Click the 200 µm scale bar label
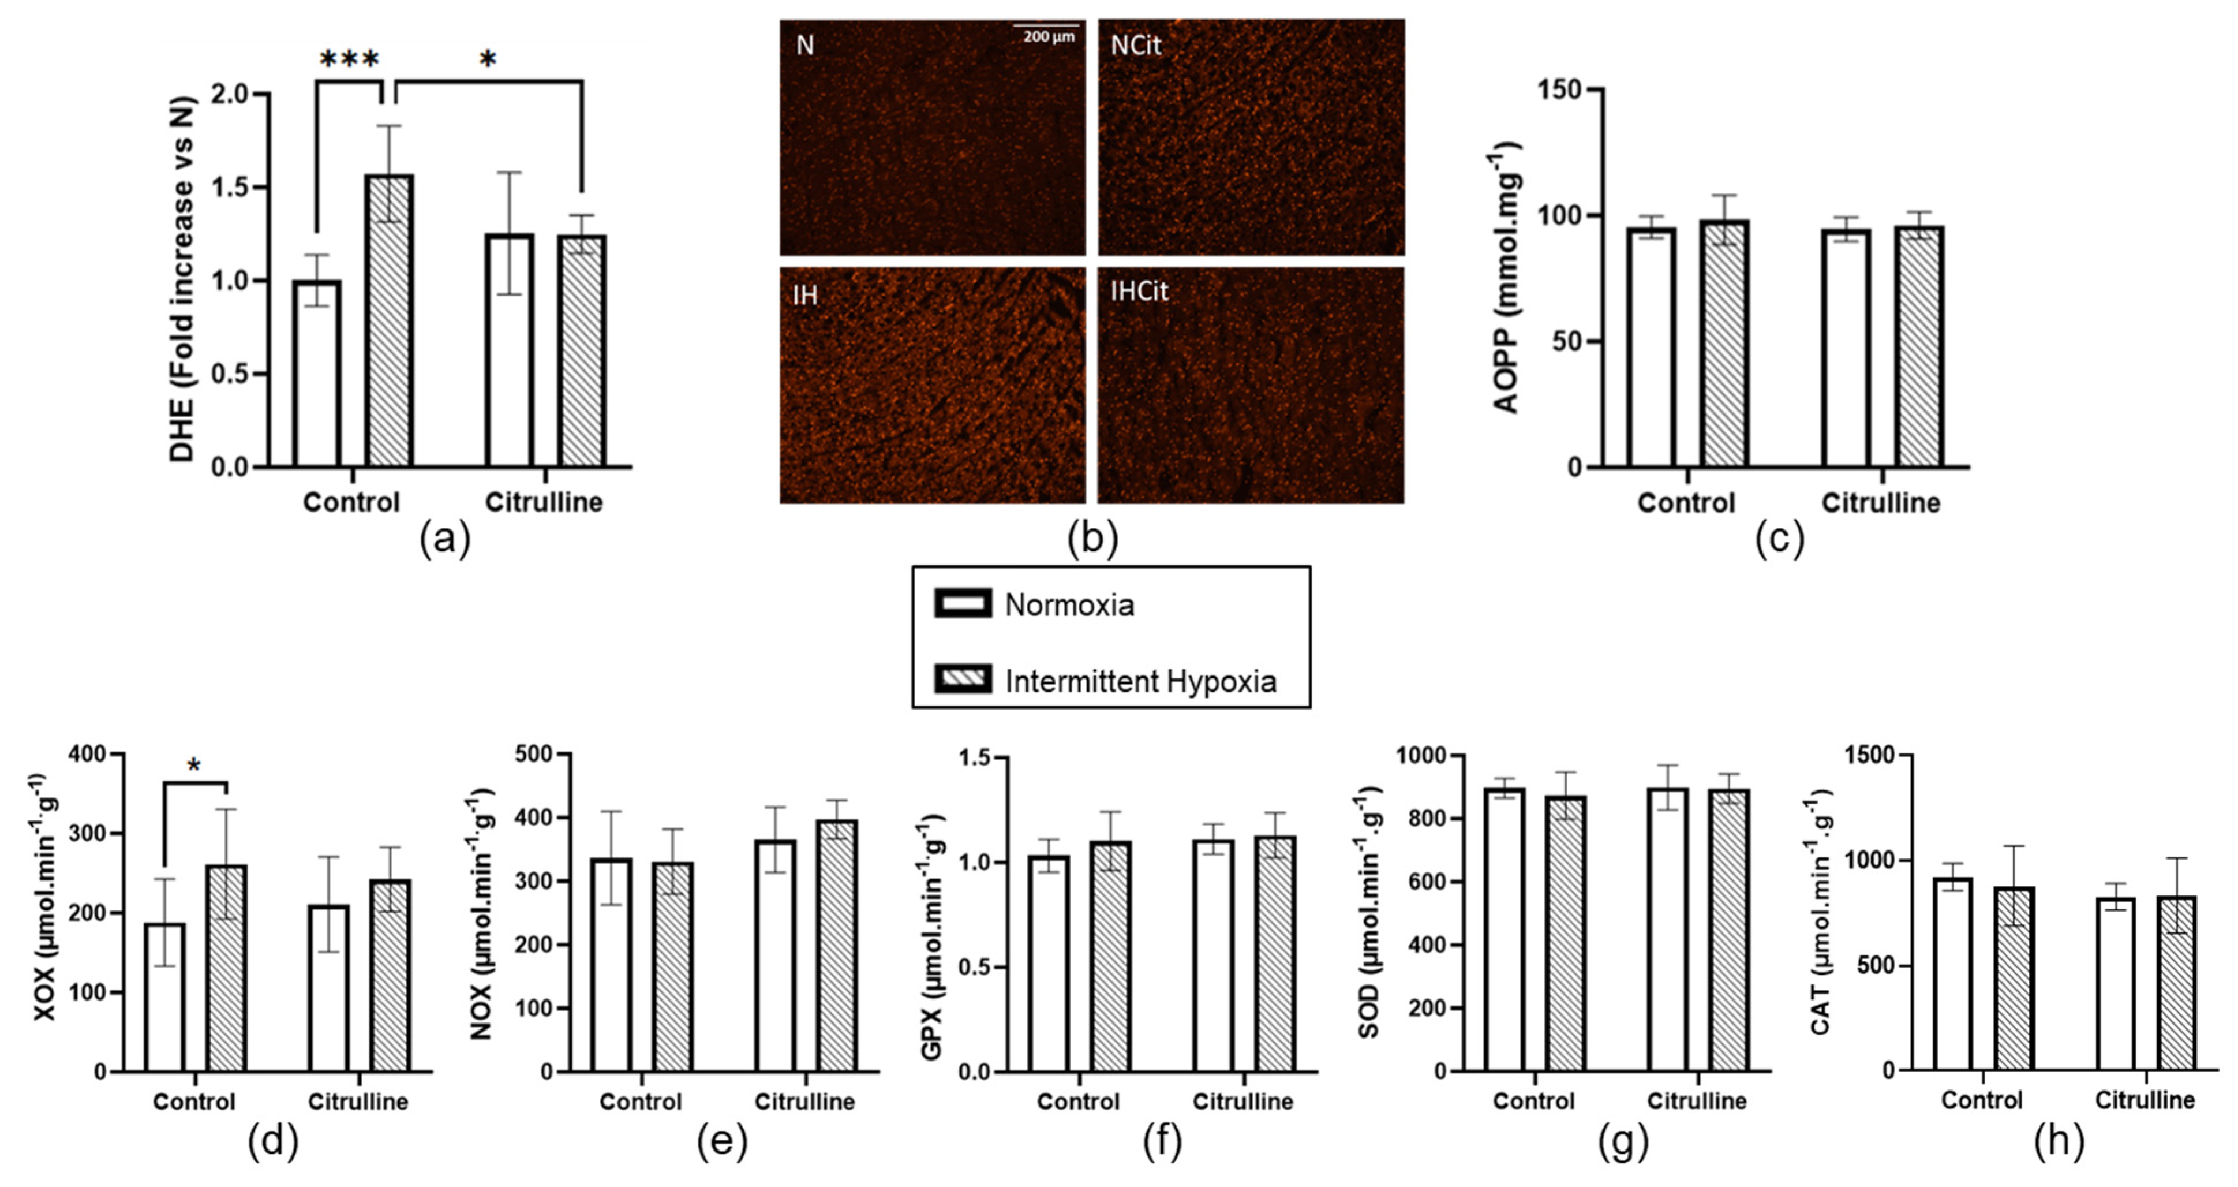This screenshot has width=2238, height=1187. click(x=1049, y=38)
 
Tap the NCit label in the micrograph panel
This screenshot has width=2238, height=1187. click(x=1136, y=45)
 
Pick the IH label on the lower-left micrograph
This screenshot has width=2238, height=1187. click(x=806, y=296)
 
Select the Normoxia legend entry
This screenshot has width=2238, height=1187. click(x=1069, y=605)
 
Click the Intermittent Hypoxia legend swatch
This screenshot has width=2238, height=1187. click(x=963, y=679)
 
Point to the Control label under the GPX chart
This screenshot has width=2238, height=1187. click(x=1077, y=1102)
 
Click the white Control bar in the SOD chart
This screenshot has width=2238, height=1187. click(x=1505, y=930)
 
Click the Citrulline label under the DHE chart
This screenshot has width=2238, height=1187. click(x=544, y=502)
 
